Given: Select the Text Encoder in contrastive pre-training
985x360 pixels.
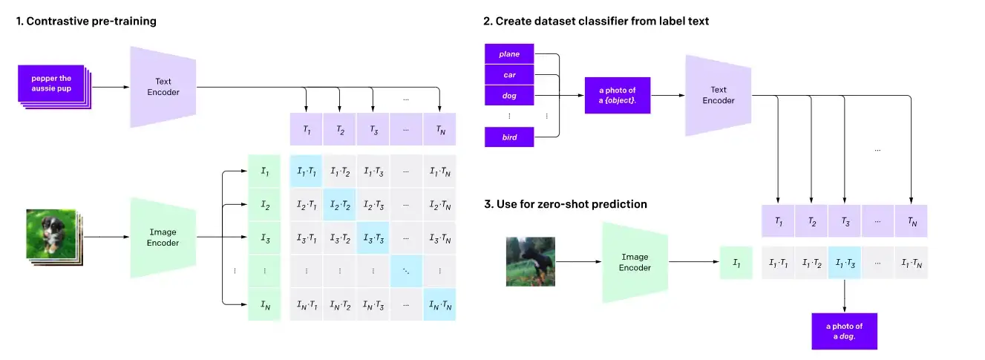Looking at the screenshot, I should tap(163, 86).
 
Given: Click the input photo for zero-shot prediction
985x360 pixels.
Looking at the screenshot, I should tap(530, 262).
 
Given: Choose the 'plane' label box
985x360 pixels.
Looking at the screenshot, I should tap(509, 54).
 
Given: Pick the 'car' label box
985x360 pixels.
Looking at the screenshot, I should tap(509, 75).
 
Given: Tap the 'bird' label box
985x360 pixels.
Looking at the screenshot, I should tap(509, 137).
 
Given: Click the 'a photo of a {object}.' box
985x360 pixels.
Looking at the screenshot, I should tap(618, 96).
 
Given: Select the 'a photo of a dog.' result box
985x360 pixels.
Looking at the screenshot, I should tap(845, 330).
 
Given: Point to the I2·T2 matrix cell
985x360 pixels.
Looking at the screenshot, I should tap(339, 205).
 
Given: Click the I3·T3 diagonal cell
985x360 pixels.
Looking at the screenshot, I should tap(373, 238).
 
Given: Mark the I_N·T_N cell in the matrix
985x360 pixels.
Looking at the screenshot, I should tap(439, 304).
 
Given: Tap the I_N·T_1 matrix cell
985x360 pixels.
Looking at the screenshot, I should tap(306, 304).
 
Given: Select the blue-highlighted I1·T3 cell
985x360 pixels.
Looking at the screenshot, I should tap(844, 263).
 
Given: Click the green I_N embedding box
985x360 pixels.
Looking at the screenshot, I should tap(264, 304).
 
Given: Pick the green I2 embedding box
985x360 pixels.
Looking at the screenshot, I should tap(264, 205).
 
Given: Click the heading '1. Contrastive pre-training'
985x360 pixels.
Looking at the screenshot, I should tap(86, 22).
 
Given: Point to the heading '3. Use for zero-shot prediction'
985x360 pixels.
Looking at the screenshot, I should tap(565, 203).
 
